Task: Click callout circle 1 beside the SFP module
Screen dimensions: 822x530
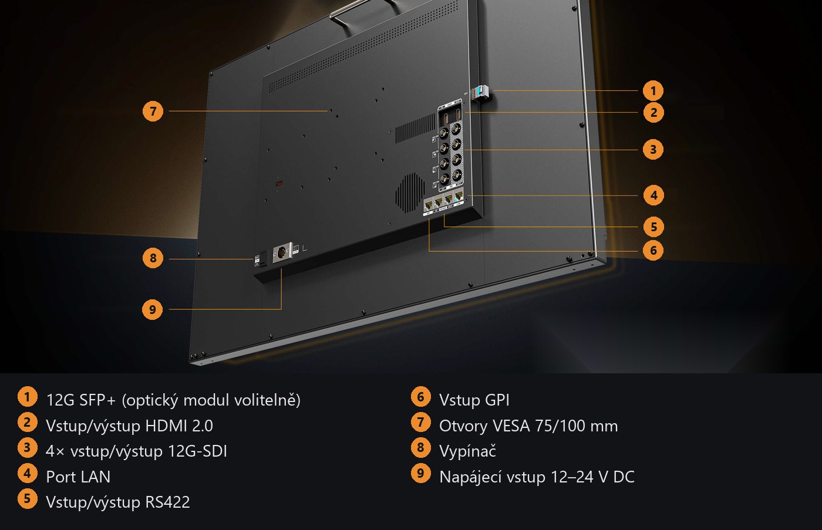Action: point(653,90)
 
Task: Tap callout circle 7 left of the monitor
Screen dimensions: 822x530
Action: point(153,111)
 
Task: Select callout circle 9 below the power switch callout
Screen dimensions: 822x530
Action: point(152,309)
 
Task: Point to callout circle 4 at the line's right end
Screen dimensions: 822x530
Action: point(653,195)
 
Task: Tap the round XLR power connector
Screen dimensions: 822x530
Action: point(281,252)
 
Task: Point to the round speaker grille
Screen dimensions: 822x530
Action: point(410,193)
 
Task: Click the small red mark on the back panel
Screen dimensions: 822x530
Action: point(279,183)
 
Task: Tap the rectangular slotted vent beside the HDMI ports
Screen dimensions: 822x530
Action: point(415,129)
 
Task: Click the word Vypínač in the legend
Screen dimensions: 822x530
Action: point(467,451)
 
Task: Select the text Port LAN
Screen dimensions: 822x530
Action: point(78,477)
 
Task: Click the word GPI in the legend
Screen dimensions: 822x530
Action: point(497,400)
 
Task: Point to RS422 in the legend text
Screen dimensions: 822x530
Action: point(168,502)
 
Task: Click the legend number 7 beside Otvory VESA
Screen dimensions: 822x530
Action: point(420,422)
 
